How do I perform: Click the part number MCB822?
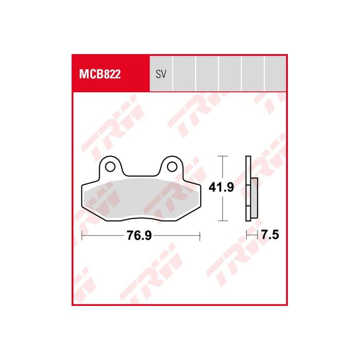(100, 74)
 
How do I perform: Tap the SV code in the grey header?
(161, 74)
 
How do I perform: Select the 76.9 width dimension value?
(140, 235)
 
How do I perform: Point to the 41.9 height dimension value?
(221, 187)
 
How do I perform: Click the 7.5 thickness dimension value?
(270, 235)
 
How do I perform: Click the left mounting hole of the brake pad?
(110, 167)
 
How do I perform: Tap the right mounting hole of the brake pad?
(172, 167)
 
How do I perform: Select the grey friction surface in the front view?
(141, 198)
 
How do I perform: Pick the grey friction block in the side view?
(254, 197)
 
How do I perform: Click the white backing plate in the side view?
(248, 188)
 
